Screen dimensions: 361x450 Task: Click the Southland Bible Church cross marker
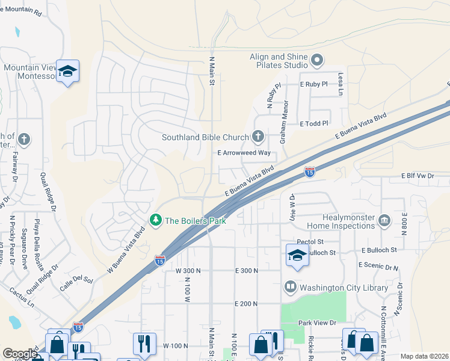[258, 136]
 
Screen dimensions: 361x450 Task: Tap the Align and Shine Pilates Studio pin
[316, 60]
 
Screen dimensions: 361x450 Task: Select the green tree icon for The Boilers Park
[156, 220]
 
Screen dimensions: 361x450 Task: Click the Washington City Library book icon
[290, 287]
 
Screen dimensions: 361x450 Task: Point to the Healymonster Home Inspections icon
[384, 220]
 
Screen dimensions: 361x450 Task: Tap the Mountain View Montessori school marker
[67, 70]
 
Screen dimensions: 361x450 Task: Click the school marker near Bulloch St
[297, 255]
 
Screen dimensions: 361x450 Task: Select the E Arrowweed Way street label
[244, 153]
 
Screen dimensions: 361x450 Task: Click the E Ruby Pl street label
[313, 84]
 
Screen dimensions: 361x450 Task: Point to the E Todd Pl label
[314, 123]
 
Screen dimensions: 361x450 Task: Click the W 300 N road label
[188, 271]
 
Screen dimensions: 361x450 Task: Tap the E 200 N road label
[246, 304]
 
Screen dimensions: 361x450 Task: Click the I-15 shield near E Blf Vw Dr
[309, 172]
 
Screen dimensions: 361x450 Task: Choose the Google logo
[20, 354]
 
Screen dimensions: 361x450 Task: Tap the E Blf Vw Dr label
[418, 176]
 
